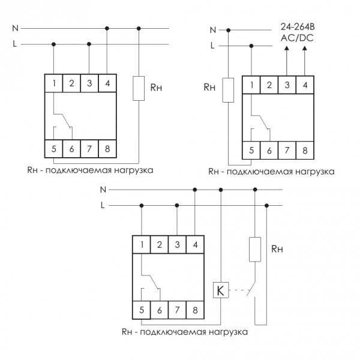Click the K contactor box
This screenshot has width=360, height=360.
[221, 290]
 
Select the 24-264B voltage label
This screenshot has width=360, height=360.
[298, 27]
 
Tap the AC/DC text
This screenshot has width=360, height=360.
[297, 38]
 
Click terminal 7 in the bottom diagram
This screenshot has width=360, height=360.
[177, 310]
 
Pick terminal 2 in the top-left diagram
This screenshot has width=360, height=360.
[71, 83]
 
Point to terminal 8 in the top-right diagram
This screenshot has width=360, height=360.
[305, 151]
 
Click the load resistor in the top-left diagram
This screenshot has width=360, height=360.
[139, 88]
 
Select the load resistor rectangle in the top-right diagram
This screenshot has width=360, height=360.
[228, 90]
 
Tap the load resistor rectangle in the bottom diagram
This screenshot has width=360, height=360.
[255, 250]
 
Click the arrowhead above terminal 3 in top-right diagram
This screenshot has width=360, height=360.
[287, 48]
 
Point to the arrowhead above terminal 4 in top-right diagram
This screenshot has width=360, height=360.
[305, 48]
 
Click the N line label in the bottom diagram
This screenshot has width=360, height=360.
[103, 190]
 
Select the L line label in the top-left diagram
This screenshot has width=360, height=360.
[15, 44]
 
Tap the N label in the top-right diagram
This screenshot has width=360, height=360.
[213, 30]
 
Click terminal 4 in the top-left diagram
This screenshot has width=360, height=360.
[107, 83]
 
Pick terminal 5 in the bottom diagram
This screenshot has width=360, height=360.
[142, 310]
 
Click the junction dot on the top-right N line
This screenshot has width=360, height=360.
[228, 30]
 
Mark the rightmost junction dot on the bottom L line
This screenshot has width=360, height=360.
[266, 205]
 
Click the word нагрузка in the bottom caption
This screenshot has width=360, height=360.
[228, 332]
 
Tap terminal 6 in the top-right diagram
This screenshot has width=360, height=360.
[269, 151]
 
